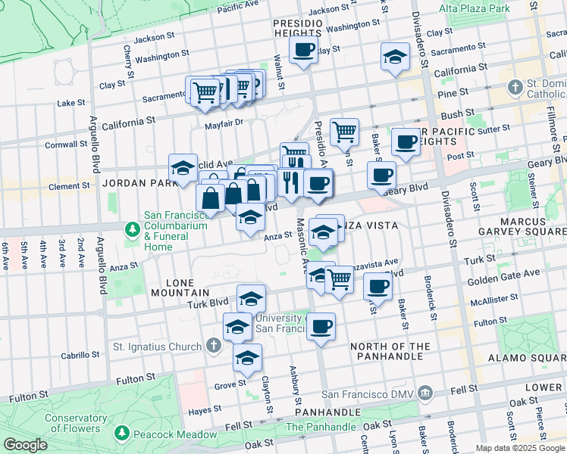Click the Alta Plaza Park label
click(x=474, y=8)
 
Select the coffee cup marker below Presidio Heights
click(x=303, y=51)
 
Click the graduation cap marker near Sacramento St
click(x=394, y=58)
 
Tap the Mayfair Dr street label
click(x=222, y=122)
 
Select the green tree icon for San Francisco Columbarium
click(x=133, y=229)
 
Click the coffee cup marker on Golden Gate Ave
click(x=377, y=287)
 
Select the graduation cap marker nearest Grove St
click(x=246, y=358)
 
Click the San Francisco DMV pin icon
click(x=425, y=393)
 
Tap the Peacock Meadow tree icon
click(x=122, y=433)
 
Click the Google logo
click(x=25, y=444)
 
